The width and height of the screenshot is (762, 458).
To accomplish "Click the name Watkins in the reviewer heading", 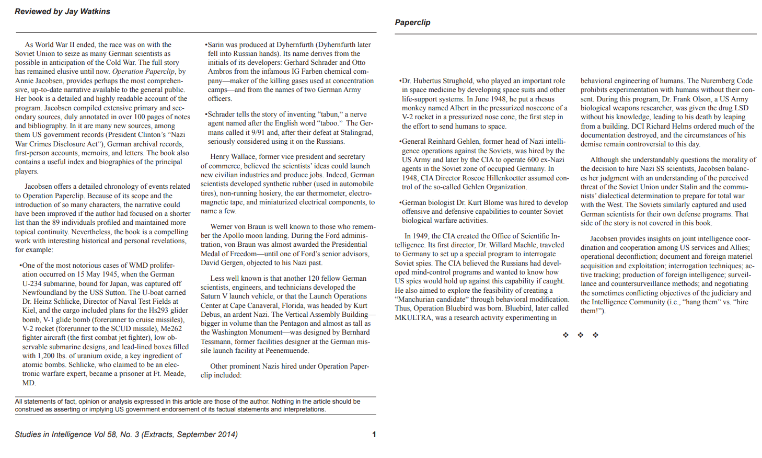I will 95,12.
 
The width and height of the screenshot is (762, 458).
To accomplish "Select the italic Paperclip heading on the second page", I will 412,22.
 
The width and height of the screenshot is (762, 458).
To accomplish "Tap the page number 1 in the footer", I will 374,434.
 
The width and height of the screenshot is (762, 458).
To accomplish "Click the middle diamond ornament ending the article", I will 580,335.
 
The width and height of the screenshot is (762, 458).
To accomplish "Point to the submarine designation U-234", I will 33,283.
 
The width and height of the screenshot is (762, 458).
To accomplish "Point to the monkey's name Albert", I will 460,108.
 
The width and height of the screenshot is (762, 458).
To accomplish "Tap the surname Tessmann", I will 215,341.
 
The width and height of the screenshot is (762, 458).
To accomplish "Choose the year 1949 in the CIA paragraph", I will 420,236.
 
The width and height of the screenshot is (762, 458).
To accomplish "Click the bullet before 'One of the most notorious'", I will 20,265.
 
